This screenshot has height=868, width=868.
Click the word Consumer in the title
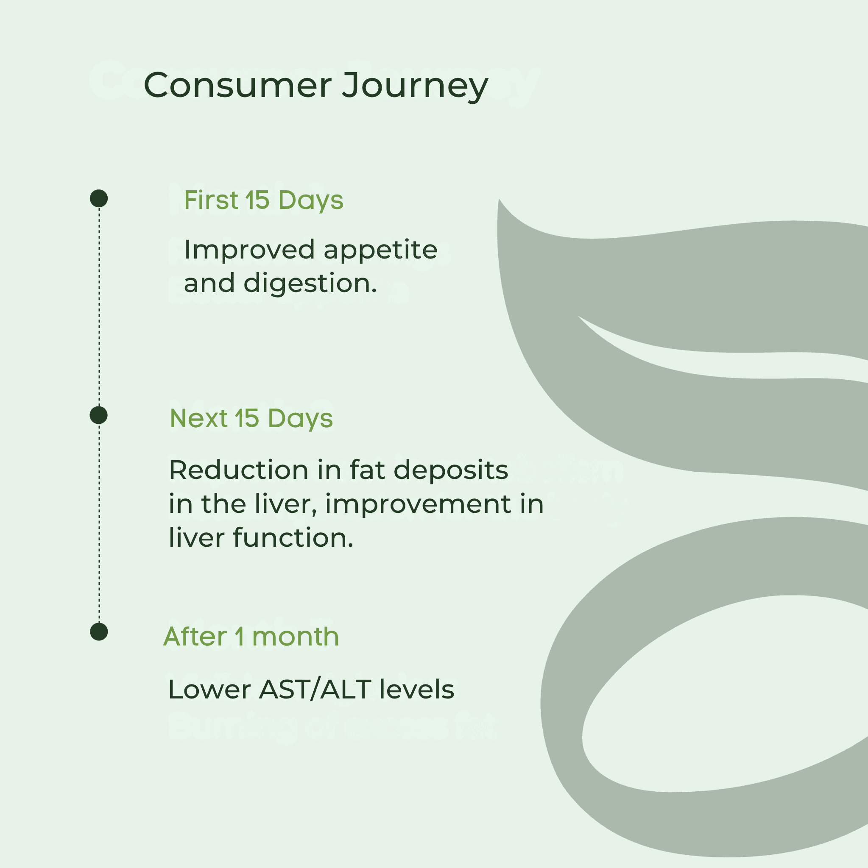(238, 85)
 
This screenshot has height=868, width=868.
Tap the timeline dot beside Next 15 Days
(99, 415)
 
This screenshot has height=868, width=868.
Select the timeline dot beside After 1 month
(99, 632)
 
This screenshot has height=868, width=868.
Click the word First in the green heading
(211, 200)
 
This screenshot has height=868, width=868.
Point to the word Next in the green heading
(198, 418)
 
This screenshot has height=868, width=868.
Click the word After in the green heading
(195, 637)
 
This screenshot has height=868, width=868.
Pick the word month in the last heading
(295, 637)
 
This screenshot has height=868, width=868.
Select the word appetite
(380, 251)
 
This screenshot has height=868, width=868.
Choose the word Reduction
(238, 470)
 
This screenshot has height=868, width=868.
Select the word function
(293, 537)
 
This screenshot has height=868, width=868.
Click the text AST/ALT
(315, 690)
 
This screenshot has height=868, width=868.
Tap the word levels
(417, 690)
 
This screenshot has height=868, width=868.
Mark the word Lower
(209, 690)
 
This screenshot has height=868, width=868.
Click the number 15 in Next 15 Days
(247, 419)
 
